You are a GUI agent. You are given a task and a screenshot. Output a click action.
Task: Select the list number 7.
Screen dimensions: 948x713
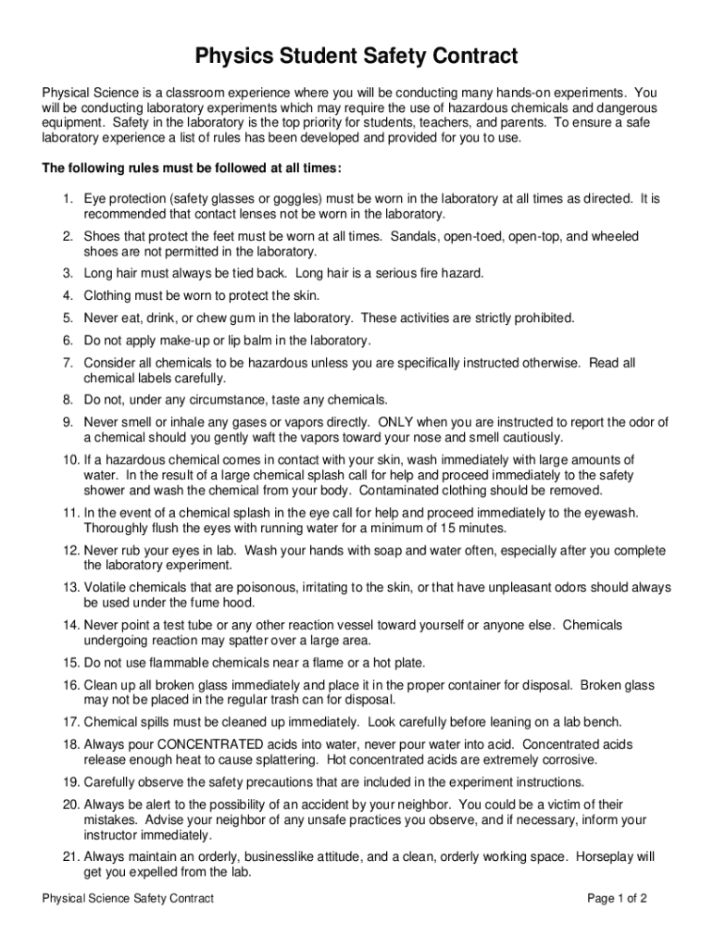pos(68,363)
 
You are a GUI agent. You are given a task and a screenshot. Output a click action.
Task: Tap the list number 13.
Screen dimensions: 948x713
pos(71,587)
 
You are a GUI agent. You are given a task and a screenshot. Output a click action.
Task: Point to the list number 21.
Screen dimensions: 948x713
pos(71,856)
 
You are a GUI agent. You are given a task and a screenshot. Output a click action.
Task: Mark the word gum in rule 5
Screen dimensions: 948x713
pos(229,318)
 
